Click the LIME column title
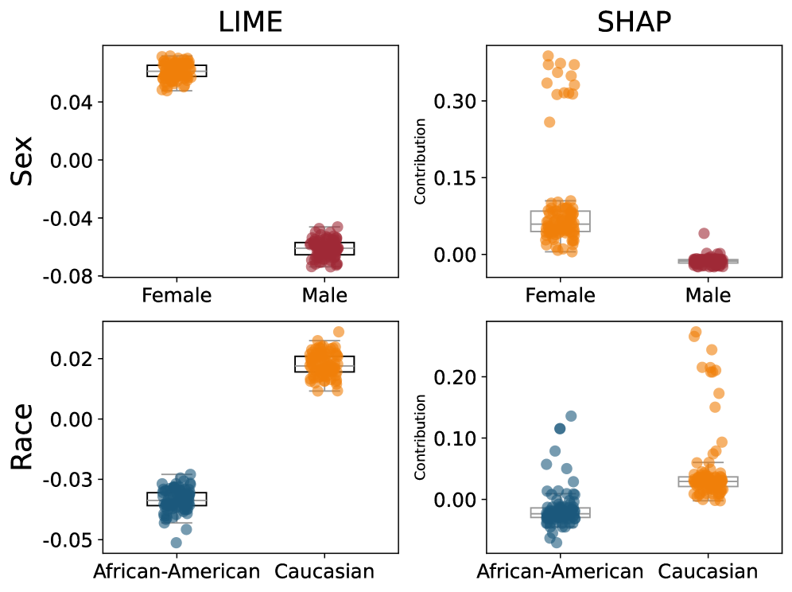pos(250,22)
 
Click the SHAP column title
pos(634,22)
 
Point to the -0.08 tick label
pos(74,276)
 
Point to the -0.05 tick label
pos(74,540)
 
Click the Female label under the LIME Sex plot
pos(177,296)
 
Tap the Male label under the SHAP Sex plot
pos(708,296)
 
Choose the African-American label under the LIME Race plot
pos(177,571)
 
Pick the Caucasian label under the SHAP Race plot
pos(708,571)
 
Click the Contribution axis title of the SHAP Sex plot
pos(421,161)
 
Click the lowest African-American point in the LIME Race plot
pos(176,543)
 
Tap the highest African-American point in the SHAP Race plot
pos(571,416)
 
